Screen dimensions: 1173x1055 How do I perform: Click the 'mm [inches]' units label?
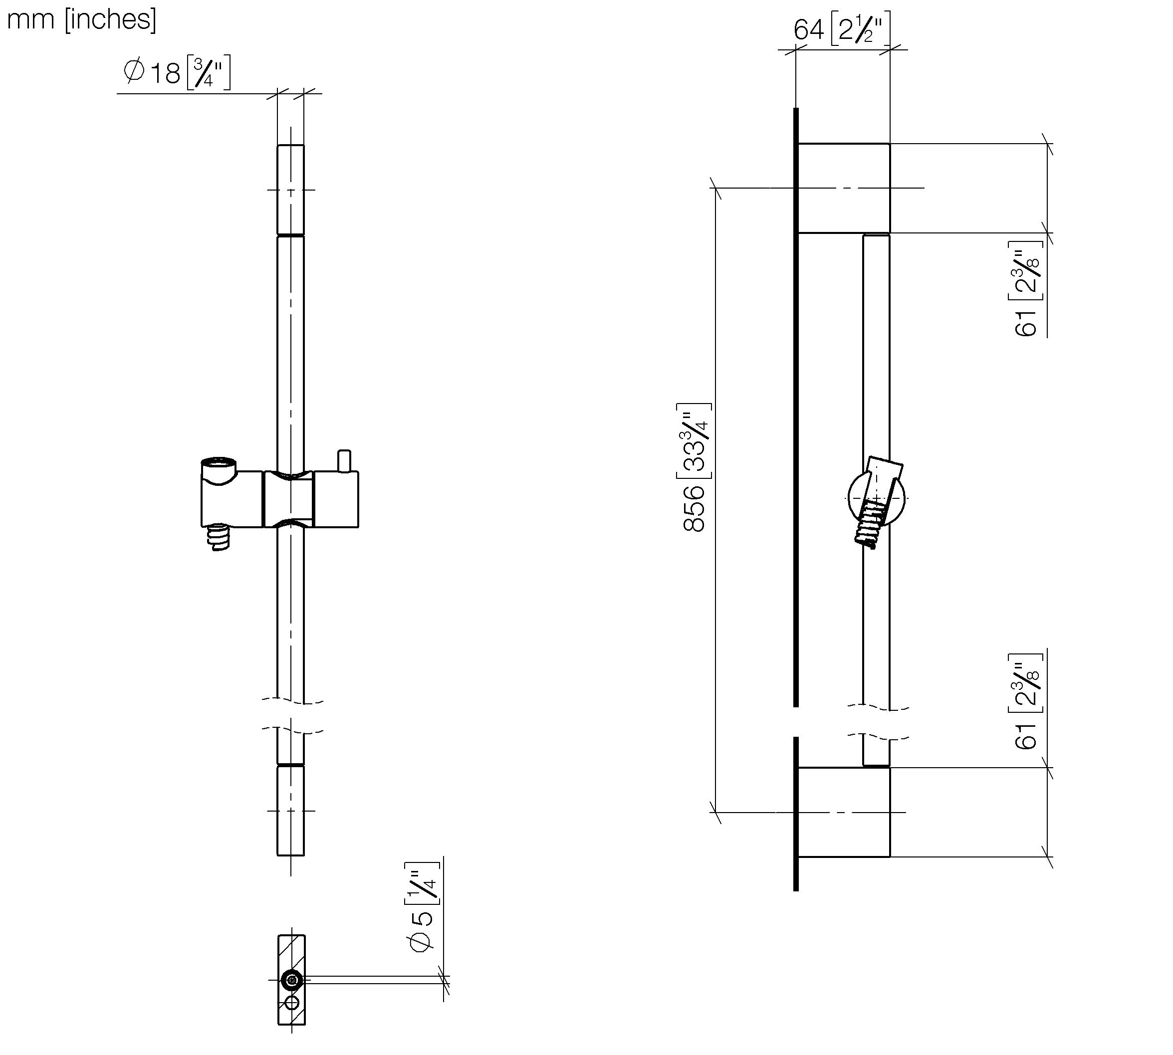(x=82, y=19)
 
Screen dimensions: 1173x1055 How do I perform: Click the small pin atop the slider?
(x=344, y=461)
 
